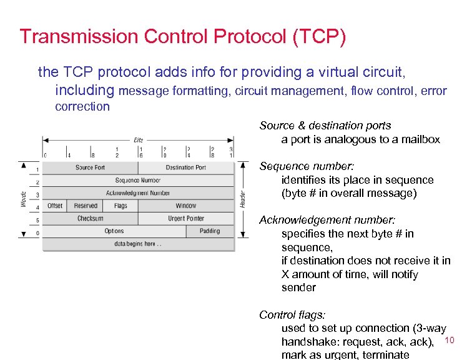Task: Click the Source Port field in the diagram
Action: [90, 167]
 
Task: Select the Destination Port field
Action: [185, 167]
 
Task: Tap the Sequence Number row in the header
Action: [137, 180]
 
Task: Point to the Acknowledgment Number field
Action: [137, 193]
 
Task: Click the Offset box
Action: [55, 206]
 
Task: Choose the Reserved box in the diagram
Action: [86, 206]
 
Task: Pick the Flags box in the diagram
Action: [120, 206]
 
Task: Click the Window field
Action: [185, 206]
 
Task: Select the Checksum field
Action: [90, 219]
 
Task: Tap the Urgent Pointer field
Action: [185, 219]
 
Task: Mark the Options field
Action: [114, 231]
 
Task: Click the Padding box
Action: [210, 231]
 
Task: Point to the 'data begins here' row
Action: [137, 244]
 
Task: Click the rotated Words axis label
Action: [24, 199]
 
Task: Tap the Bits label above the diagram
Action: [138, 139]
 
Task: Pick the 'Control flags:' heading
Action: [292, 315]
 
